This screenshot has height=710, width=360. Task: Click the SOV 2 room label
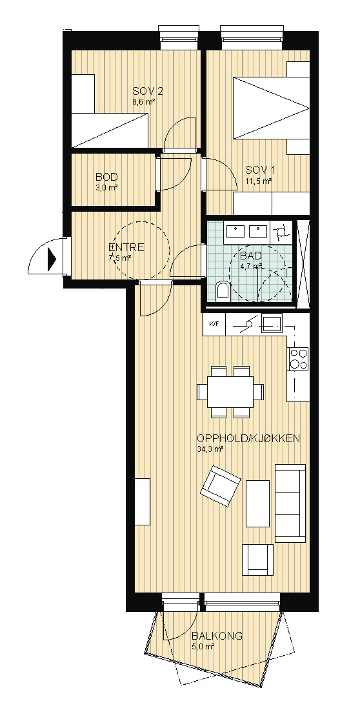(x=147, y=91)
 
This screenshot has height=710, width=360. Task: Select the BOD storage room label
(x=107, y=177)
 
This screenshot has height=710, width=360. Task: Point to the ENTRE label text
(x=127, y=248)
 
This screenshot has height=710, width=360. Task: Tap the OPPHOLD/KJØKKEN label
(x=249, y=438)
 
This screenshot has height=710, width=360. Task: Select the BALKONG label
(x=217, y=636)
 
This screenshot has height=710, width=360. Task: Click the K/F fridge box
(x=214, y=325)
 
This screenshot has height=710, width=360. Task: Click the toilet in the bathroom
(x=223, y=291)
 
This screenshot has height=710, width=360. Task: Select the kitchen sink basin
(x=271, y=323)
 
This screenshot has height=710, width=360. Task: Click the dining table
(x=230, y=392)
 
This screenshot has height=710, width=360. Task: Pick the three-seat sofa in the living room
(x=290, y=503)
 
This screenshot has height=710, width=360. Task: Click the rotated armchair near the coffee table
(x=221, y=485)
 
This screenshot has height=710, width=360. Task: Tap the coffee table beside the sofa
(x=258, y=503)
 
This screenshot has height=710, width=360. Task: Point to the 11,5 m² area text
(x=259, y=181)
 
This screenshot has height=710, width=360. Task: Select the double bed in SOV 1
(x=271, y=108)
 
